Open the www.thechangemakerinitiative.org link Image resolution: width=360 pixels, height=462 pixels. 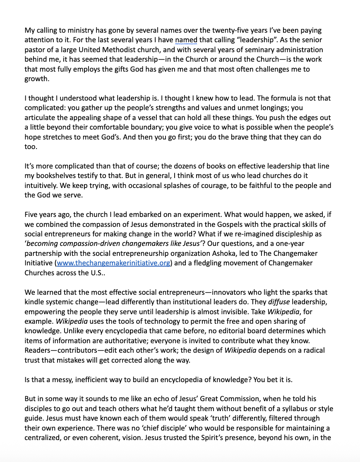(x=113, y=263)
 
